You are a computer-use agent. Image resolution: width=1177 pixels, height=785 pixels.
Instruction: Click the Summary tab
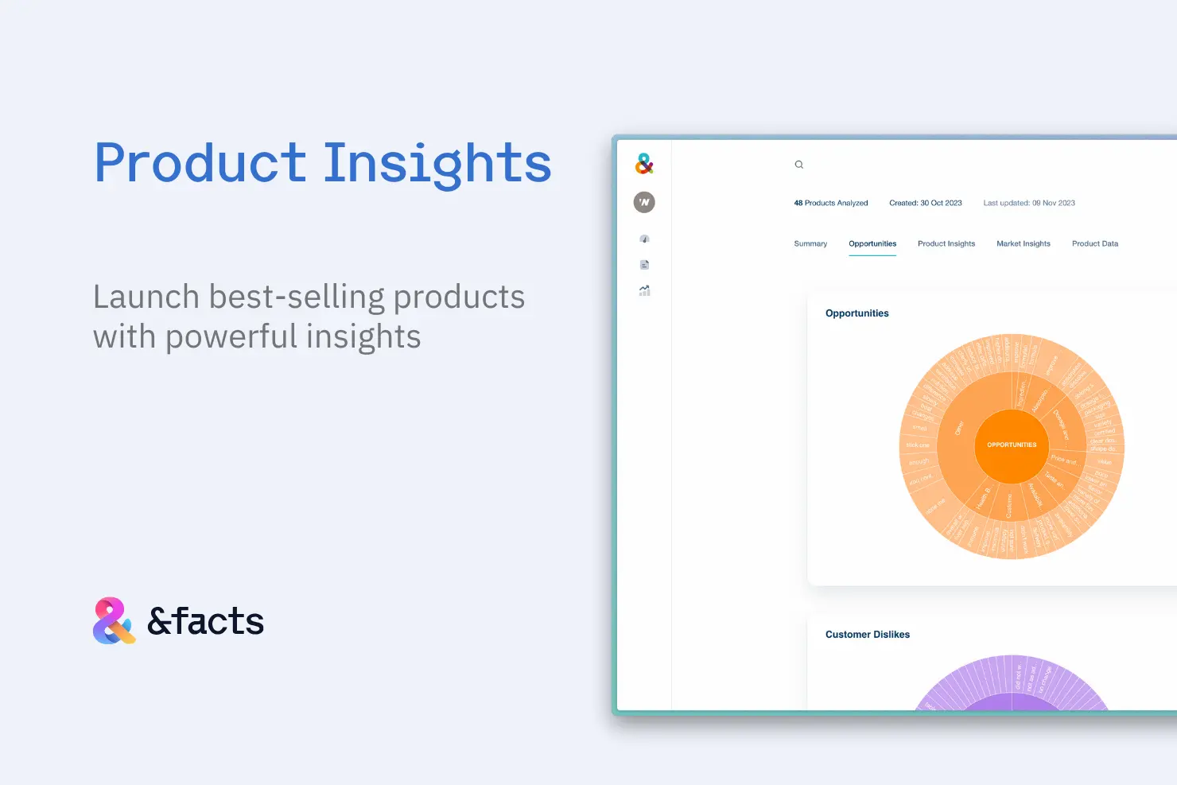[810, 244]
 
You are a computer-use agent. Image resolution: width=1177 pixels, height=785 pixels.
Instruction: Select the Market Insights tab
[1023, 244]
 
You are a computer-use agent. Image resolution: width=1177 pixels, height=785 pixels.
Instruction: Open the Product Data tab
[1094, 244]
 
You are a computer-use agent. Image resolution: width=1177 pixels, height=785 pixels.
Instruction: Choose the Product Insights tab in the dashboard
[946, 244]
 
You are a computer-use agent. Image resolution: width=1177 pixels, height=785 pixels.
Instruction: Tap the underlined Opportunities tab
[872, 244]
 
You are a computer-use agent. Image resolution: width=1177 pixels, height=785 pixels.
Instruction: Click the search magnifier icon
[799, 165]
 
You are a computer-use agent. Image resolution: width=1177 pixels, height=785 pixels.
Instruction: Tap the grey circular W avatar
[644, 203]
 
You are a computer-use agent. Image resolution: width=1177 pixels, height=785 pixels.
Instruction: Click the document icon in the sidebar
[644, 265]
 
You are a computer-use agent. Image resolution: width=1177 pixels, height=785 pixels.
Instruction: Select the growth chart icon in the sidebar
[644, 291]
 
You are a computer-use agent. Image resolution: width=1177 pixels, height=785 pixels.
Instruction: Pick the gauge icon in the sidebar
[644, 239]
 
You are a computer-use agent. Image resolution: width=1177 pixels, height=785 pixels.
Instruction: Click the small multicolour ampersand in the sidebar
[644, 164]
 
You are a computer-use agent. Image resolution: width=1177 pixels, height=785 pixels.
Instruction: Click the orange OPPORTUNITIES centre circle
[1012, 445]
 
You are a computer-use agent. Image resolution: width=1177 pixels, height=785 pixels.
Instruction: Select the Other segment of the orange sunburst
[959, 428]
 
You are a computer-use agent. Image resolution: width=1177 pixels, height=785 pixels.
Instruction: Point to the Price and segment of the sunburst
[1063, 461]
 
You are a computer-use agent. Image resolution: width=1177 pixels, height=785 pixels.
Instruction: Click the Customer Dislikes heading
[867, 635]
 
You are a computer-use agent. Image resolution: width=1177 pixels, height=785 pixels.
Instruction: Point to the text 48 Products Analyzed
[830, 204]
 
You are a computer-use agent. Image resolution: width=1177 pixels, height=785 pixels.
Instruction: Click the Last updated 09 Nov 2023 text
[1028, 204]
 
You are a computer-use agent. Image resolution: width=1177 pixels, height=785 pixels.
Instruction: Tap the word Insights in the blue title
[437, 164]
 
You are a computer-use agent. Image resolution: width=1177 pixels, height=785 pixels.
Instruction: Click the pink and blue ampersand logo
[114, 620]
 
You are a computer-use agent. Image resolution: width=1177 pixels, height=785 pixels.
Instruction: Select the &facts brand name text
[205, 621]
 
